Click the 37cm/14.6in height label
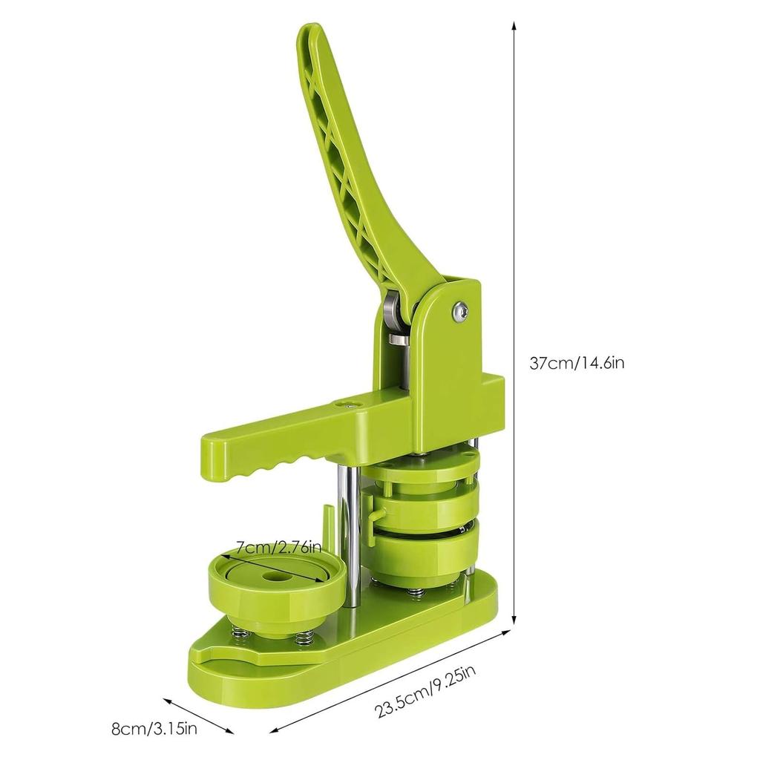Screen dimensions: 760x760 coord(577,362)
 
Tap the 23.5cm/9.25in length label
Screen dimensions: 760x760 coord(425,691)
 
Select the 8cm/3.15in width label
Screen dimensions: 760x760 coord(154,729)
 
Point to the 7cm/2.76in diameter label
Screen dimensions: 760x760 coord(279,548)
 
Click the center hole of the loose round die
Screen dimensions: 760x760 coord(270,577)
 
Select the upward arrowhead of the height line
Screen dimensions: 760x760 coord(514,26)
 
